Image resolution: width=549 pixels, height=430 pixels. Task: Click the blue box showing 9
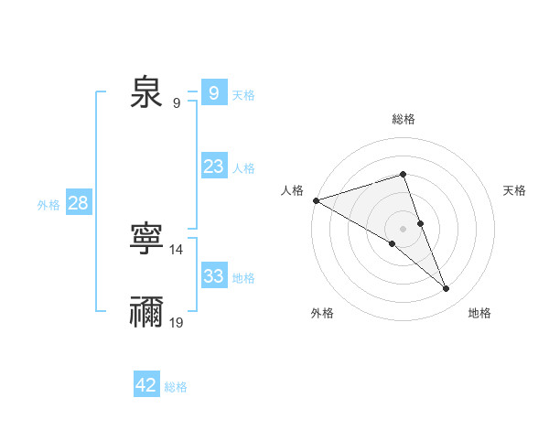point(213,92)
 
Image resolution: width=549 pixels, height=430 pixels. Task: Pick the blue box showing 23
point(213,167)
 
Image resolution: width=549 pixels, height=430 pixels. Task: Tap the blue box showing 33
point(213,276)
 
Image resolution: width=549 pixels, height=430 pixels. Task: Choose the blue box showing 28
point(78,203)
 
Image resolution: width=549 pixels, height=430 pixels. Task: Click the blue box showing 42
point(146,385)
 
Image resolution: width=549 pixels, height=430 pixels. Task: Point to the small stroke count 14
point(177,249)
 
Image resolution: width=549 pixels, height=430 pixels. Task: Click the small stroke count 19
point(177,322)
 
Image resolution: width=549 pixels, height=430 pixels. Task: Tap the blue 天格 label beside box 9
point(243,94)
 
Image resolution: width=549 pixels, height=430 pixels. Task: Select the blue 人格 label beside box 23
point(243,168)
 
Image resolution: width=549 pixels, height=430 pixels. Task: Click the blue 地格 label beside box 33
point(243,278)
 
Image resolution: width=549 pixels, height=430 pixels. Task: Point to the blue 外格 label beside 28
point(48,205)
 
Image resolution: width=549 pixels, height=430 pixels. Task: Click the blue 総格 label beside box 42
point(176,387)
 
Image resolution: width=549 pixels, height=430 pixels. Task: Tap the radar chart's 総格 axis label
point(403,119)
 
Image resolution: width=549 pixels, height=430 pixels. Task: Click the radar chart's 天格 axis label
point(515,190)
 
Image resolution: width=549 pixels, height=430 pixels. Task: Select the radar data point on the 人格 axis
point(316,199)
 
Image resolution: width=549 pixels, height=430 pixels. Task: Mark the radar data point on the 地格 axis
point(447,289)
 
